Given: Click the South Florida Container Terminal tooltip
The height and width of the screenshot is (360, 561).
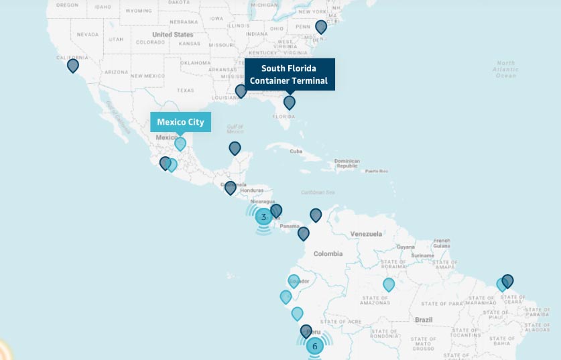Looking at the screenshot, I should (289, 74).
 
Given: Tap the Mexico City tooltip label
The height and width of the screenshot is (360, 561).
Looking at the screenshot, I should (180, 122).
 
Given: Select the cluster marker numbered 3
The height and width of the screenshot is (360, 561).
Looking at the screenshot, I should (263, 217).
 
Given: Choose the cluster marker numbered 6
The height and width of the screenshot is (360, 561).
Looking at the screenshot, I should (314, 346).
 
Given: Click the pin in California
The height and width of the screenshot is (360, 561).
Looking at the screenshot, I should (73, 65).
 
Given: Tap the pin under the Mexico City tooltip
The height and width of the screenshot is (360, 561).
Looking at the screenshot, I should (180, 143).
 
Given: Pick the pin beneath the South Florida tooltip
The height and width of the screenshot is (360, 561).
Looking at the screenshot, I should (290, 102).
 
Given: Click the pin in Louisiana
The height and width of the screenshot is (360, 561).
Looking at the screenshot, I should (241, 91).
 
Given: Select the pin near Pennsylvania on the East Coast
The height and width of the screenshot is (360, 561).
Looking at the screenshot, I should (321, 27).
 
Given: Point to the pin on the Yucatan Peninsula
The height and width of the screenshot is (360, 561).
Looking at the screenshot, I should (235, 148).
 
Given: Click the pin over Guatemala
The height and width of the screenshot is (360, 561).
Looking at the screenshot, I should (231, 188).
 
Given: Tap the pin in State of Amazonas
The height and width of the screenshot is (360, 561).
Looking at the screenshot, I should (389, 284).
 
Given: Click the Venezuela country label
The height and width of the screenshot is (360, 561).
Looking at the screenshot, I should (365, 234).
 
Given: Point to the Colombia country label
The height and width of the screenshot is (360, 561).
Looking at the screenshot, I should (328, 253).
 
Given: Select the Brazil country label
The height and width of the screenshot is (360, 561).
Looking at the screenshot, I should (424, 320).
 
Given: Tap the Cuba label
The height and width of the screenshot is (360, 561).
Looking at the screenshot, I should (296, 151).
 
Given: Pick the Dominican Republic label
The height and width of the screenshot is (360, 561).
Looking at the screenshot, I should (347, 163).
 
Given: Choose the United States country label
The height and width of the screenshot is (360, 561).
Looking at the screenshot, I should (172, 34).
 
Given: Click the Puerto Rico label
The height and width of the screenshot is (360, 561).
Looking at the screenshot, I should (376, 171).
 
